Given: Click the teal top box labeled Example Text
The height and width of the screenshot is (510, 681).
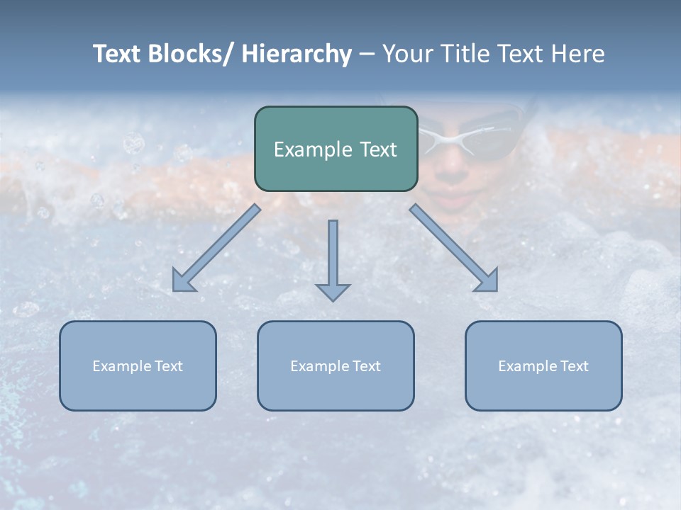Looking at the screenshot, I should pos(336,149).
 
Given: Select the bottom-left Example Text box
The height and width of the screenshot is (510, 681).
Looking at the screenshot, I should pos(138,365).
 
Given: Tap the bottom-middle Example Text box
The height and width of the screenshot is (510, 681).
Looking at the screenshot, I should pos(336,365).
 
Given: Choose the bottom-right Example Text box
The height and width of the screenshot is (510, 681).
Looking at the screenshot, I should pos(543,365).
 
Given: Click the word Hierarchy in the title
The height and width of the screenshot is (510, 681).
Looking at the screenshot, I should pos(297,54).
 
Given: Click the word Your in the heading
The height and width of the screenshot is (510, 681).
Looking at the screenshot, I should pos(405,54).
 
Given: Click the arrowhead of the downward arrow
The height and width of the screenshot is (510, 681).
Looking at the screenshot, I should pos(333,292).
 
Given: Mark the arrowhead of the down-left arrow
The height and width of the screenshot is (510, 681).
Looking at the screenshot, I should pos(183,281).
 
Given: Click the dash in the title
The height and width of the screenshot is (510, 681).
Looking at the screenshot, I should pos(367,54).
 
